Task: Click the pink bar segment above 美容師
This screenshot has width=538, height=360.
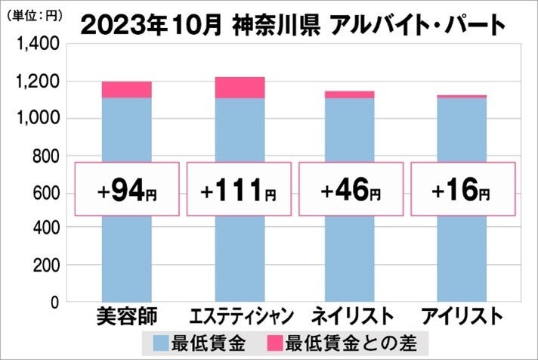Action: tap(126, 89)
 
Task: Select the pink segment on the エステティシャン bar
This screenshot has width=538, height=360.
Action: tap(239, 87)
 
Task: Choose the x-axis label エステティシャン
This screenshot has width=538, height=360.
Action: tap(239, 315)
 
